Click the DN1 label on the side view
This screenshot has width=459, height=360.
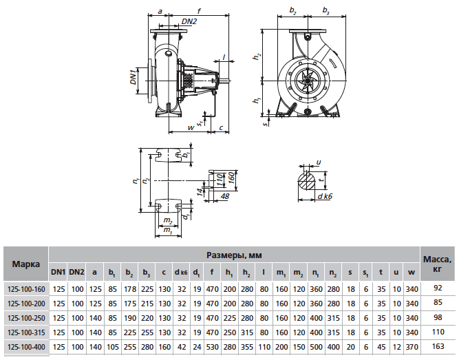134,76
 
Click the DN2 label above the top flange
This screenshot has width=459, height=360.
170,21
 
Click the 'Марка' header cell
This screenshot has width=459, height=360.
25,264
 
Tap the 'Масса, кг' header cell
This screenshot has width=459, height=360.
438,264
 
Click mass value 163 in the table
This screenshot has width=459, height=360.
438,347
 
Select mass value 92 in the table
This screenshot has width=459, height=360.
438,289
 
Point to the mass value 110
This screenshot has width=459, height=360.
438,332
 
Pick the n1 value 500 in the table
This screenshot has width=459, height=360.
315,347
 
